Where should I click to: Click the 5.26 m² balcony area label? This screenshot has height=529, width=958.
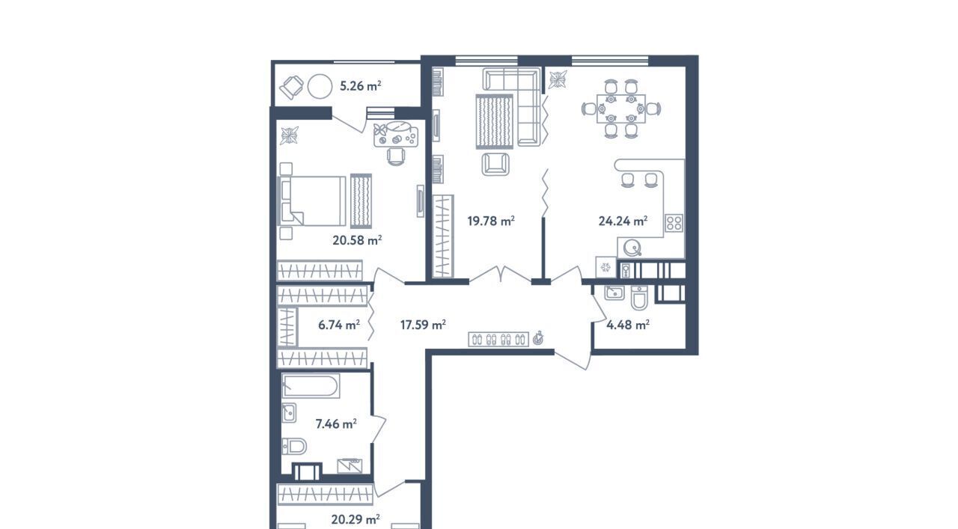coord(360,86)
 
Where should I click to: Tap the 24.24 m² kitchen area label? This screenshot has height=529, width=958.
coord(623,221)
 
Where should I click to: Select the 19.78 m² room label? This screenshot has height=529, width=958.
coord(490,221)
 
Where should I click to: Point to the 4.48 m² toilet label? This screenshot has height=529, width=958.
coord(628,325)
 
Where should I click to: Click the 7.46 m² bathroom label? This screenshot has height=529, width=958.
coord(336,423)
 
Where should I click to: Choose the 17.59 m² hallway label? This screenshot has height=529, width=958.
coord(423,325)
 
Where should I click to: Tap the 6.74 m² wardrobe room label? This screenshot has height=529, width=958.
coord(339,325)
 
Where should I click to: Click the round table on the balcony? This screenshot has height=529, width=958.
coord(320,87)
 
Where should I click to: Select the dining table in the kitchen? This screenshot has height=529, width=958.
coord(621,108)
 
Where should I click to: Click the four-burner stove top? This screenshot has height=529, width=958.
coord(674,223)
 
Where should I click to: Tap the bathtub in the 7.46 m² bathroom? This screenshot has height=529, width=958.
coord(311,385)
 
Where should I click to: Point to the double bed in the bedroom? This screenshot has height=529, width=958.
coord(312,201)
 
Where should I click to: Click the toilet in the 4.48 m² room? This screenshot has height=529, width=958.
coord(639,297)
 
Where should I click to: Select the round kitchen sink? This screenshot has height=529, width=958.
coord(632,248)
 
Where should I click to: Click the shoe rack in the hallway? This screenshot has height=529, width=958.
coord(498,340)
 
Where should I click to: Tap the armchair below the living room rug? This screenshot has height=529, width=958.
coord(495,164)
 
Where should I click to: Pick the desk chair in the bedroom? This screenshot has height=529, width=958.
coord(396,157)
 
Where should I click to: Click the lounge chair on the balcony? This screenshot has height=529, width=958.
coord(292,88)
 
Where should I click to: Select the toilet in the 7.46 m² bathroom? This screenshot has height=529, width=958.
coord(294,447)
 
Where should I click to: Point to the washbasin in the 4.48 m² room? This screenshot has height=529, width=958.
coord(614,293)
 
